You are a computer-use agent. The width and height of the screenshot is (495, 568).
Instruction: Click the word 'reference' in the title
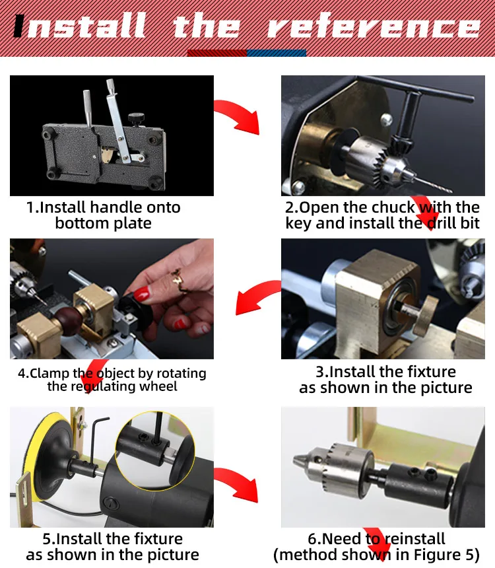(x=374, y=26)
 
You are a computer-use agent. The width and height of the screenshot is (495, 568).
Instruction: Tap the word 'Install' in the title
(x=80, y=25)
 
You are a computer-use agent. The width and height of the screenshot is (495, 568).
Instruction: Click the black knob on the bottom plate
(x=136, y=118)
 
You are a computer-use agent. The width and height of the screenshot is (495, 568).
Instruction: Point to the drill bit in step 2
(x=433, y=184)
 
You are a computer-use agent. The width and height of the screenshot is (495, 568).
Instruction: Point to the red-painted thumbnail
(x=143, y=294)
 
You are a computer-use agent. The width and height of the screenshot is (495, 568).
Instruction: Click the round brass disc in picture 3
(x=425, y=316)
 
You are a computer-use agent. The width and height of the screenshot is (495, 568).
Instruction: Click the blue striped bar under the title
(x=277, y=53)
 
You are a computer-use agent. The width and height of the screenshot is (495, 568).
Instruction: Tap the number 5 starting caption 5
(x=47, y=539)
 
